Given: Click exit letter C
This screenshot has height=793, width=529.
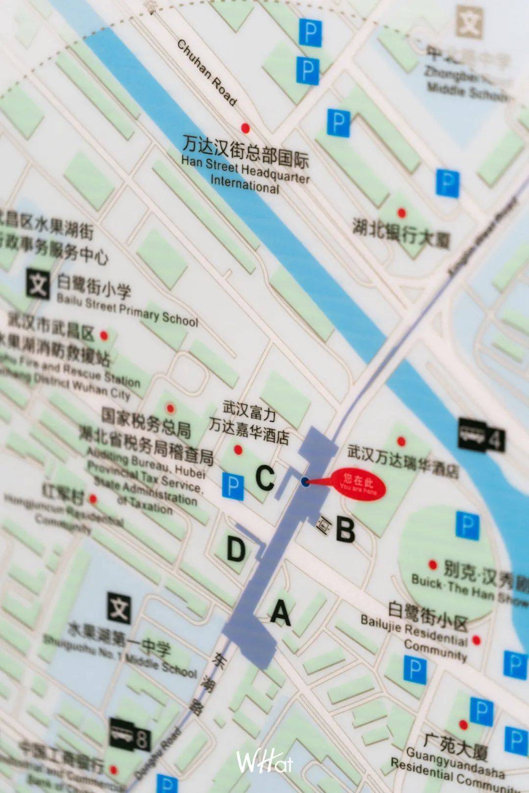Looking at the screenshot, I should pos(265,478).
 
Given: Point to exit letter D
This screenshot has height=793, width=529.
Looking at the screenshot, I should pos(236,549).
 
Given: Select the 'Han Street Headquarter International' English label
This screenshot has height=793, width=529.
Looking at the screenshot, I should pos(245,175).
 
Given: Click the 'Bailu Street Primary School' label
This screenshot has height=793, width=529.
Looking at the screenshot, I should pos(127,308).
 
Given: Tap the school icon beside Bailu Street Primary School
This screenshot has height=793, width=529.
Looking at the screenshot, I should pos(38,283).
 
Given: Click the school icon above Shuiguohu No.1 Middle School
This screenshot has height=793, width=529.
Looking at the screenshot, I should pos(119,608).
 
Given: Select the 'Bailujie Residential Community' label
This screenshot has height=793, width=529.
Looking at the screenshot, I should pos(414,636).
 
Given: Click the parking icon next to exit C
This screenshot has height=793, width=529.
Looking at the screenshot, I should pos(233,486).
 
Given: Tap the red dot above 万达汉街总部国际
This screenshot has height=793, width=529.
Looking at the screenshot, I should pos(245,128).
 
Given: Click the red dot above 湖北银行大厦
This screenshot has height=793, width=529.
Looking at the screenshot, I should pos(402,213).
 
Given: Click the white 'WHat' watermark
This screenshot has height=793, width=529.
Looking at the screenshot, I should pos(264,762).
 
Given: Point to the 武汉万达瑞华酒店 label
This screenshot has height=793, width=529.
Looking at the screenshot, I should pos(403,461).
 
